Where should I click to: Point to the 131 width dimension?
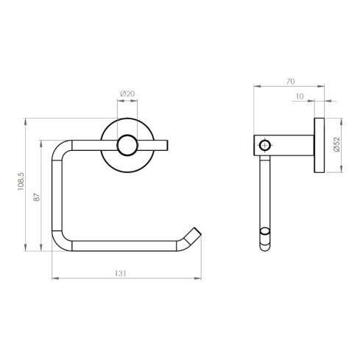point(122,273)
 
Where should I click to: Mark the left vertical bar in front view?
point(55,195)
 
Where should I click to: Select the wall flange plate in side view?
point(320,146)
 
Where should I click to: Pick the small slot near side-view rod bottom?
point(264,238)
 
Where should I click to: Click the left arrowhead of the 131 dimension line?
point(54,279)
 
